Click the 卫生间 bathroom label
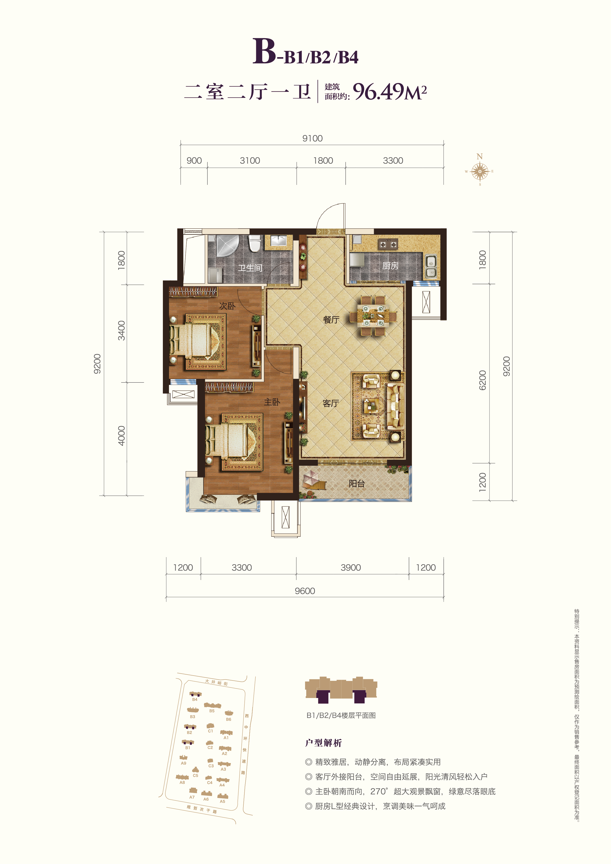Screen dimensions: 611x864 250,268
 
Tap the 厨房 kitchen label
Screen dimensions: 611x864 390,266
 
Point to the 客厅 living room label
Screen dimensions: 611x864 331,403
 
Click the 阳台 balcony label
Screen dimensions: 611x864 356,483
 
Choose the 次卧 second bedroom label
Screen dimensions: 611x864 227,306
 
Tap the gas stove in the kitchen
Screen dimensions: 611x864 388,245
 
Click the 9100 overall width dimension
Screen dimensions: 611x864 312,138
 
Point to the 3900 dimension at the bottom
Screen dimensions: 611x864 351,567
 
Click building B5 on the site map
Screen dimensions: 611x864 212,706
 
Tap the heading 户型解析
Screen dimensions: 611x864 323,743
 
